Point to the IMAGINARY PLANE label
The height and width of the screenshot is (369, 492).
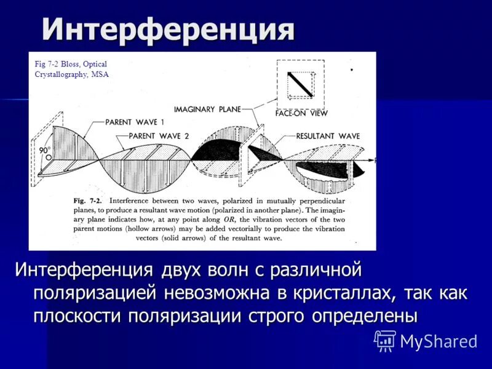[203, 109]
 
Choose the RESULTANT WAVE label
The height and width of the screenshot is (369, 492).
[327, 135]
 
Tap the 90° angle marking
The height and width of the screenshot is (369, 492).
[44, 149]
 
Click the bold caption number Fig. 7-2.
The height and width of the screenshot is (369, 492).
[88, 200]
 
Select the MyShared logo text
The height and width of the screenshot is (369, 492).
[438, 341]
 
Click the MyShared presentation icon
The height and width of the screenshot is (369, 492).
[385, 340]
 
